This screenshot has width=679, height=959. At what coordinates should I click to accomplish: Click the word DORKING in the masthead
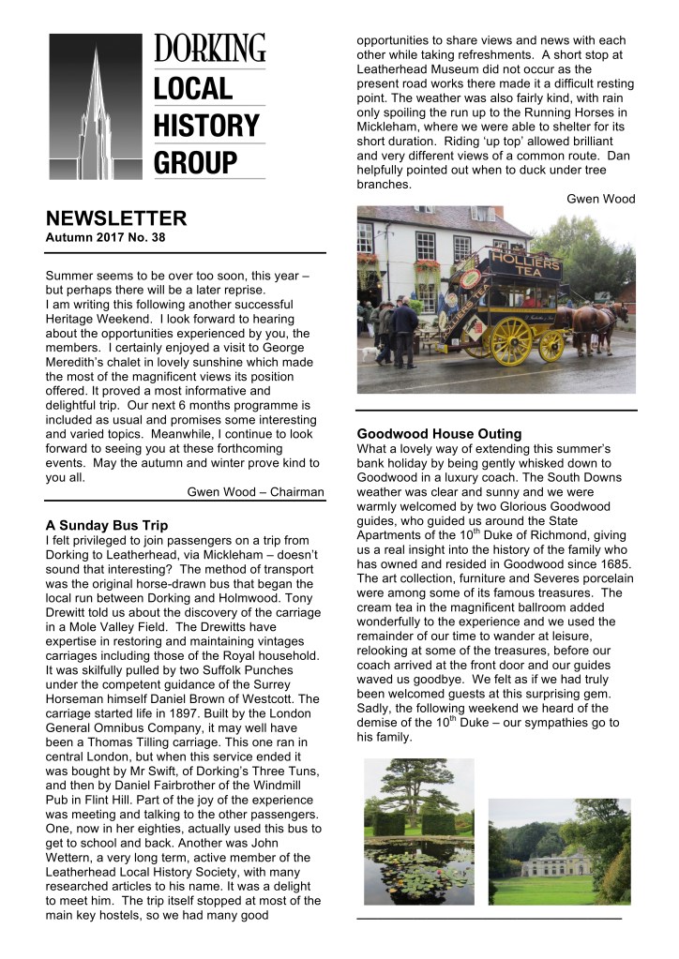pos(209,49)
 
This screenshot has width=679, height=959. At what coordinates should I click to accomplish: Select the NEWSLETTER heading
pos(116,219)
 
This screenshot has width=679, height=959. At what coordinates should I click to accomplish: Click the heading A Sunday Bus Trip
pos(106,525)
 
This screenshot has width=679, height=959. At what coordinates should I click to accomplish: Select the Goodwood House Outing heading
pos(439,434)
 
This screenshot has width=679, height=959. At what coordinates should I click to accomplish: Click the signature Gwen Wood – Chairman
pos(256,491)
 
